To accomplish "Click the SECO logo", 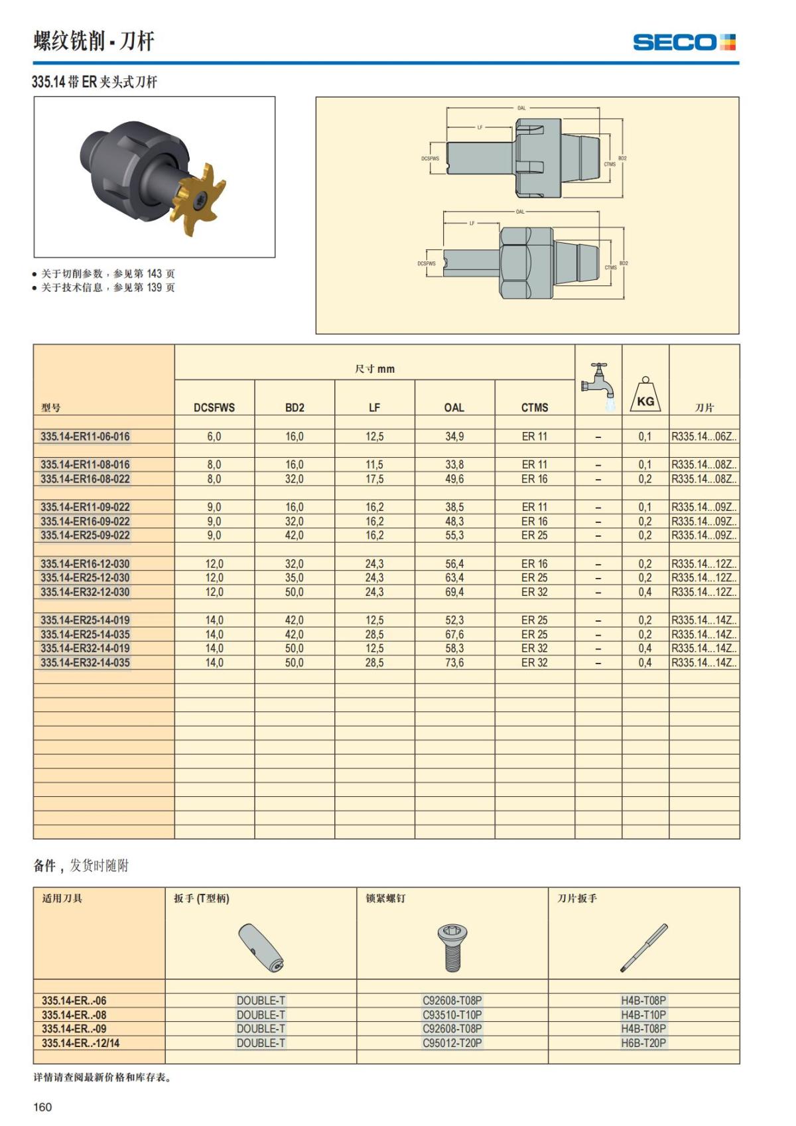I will click(684, 42).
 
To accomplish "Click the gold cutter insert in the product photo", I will click(201, 197).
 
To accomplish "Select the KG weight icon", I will click(645, 395).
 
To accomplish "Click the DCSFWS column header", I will click(214, 407).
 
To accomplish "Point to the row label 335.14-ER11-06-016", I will click(85, 437).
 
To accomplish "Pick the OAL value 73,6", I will click(454, 663).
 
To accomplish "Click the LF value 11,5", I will click(374, 464).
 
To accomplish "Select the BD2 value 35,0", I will click(294, 578).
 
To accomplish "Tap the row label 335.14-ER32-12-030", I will click(85, 592).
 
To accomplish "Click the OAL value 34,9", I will click(454, 437).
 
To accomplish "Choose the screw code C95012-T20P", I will click(452, 1043).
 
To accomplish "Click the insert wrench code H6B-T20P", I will click(643, 1043).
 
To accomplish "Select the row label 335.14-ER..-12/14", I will click(80, 1043).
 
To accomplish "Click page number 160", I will click(42, 1107).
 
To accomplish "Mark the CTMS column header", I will click(534, 407).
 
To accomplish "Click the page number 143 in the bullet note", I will click(154, 273).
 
